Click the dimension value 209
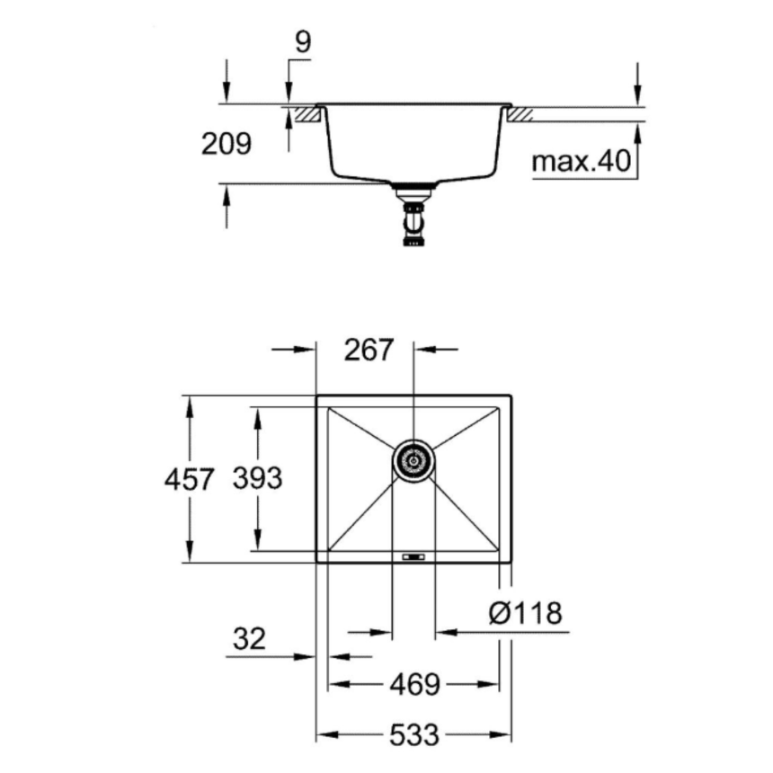tap(227, 144)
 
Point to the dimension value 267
tap(369, 349)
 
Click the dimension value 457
tap(190, 479)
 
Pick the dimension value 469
tap(414, 685)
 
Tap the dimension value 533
tap(414, 735)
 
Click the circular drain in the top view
tap(413, 462)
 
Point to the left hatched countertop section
tap(306, 113)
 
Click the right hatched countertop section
tap(520, 113)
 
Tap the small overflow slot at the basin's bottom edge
tap(413, 557)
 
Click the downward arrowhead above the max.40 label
tap(637, 94)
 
